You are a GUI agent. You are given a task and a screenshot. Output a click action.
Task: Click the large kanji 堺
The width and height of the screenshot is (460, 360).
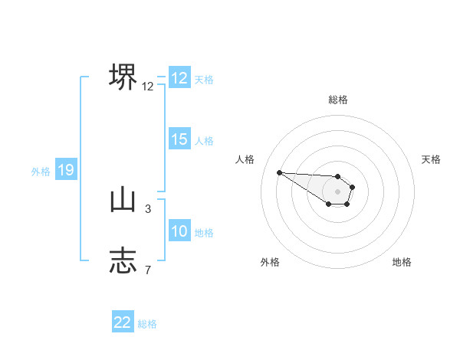coord(123,76)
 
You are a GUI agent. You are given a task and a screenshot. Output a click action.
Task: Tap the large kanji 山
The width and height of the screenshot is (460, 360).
coord(123,200)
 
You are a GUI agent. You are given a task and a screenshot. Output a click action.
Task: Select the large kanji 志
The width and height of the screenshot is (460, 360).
coord(123,260)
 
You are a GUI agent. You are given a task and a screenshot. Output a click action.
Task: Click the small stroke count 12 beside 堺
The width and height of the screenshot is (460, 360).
coord(148,87)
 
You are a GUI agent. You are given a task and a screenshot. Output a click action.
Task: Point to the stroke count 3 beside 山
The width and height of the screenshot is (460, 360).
coord(148,208)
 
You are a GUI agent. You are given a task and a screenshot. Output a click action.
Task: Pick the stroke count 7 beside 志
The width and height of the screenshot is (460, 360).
coord(148,269)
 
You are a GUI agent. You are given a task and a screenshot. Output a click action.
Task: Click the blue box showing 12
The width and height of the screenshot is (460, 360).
coord(179,78)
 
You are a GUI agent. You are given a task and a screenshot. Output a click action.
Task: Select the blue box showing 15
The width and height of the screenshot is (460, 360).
coord(179,139)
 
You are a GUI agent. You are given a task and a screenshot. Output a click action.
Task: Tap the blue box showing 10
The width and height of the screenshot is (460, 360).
coord(179,231)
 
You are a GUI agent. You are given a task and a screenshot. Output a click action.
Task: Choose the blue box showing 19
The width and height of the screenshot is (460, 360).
coord(66,170)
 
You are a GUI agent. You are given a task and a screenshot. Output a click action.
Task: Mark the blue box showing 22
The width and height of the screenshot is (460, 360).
coord(123,322)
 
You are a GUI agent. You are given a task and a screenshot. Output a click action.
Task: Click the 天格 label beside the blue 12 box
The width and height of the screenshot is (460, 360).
coord(204,79)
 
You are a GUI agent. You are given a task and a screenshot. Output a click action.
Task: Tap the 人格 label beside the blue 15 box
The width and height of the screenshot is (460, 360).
coord(204,140)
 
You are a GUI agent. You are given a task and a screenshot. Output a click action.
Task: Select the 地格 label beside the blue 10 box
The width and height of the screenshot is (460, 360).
coord(204,232)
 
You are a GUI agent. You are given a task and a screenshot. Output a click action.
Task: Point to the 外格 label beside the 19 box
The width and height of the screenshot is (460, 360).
coord(41,172)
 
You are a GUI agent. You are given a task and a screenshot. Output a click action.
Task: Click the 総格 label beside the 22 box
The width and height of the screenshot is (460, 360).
coord(147,323)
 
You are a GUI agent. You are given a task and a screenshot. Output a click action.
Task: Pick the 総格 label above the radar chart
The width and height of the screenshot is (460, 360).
coord(338,100)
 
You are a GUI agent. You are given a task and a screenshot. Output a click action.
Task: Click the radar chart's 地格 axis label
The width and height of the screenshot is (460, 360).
coord(402,262)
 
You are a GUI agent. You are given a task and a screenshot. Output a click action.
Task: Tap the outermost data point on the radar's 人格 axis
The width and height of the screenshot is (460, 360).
coord(279,172)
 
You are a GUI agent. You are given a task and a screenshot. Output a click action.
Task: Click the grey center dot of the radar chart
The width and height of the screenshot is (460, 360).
coord(338,191)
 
